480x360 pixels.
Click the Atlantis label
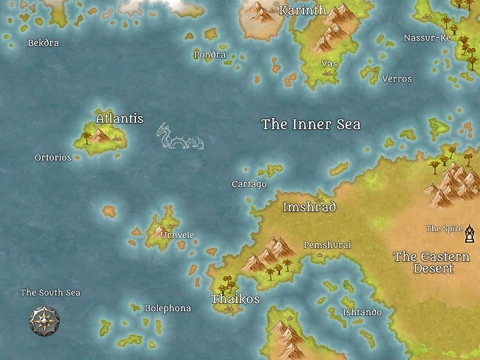click(x=119, y=119)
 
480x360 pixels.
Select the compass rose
click(x=44, y=321)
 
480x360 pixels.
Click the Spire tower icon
click(x=471, y=233)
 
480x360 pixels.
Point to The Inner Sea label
click(x=311, y=124)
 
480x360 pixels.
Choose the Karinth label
click(x=303, y=10)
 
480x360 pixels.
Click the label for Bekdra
click(x=43, y=43)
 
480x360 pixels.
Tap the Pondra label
click(x=210, y=55)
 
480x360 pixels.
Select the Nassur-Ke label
click(x=427, y=38)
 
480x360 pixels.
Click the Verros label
click(x=397, y=79)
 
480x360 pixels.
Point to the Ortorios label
click(x=53, y=158)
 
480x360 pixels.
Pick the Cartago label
click(x=249, y=184)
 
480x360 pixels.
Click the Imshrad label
click(x=309, y=207)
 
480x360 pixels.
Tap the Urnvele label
click(x=177, y=235)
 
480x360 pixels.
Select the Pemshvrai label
click(x=327, y=245)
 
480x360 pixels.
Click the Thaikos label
click(x=235, y=299)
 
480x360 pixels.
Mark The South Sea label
click(x=50, y=293)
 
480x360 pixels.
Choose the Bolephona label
click(x=168, y=309)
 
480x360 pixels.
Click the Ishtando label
click(x=362, y=312)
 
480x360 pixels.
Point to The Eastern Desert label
click(x=431, y=263)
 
